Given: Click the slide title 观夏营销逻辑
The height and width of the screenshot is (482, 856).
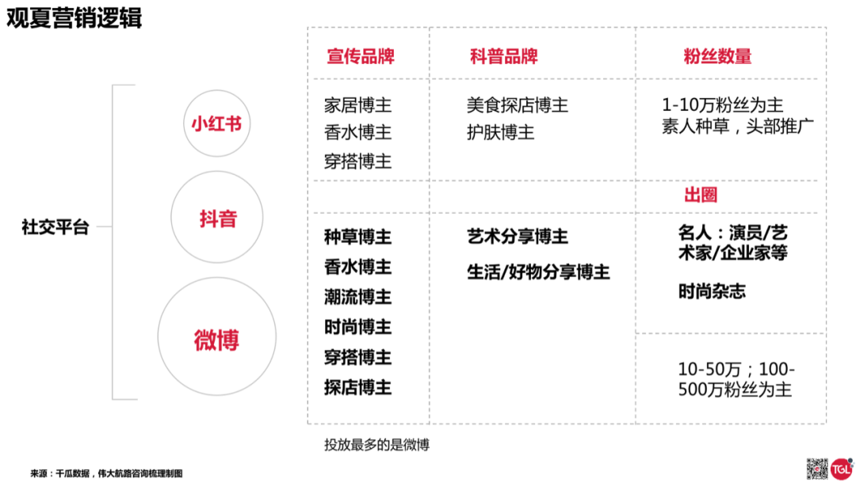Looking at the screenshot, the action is coord(74,17).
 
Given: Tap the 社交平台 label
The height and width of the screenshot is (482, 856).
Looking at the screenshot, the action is coord(55,227).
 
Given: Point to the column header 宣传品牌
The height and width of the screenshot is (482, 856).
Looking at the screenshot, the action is coord(361,56).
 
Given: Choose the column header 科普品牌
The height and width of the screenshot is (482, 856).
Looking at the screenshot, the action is coord(504,56).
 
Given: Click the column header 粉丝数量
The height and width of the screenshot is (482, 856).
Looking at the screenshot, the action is coord(717,56).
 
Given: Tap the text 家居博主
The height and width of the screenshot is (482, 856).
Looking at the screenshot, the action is coord(357,104).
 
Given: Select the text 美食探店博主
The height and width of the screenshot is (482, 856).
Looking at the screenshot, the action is coord(517,104).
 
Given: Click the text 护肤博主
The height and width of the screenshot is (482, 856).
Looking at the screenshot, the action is coord(500,132).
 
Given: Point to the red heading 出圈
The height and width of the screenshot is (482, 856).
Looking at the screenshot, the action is coord(701,195).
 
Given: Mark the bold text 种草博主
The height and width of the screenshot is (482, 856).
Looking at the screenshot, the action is coord(357,237).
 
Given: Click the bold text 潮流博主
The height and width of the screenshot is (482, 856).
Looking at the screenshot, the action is coord(357,297).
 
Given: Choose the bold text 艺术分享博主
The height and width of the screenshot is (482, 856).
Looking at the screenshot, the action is coord(517,237).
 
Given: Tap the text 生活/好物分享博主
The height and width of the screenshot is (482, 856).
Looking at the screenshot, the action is coord(538,272).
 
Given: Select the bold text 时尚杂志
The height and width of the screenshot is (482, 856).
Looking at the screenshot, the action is coord(712,291).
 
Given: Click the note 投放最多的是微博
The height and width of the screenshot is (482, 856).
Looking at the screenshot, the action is coord(376,445).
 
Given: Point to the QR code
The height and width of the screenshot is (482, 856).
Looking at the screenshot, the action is coord(817,469).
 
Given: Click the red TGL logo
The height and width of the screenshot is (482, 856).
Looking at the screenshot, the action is coord(841,469).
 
